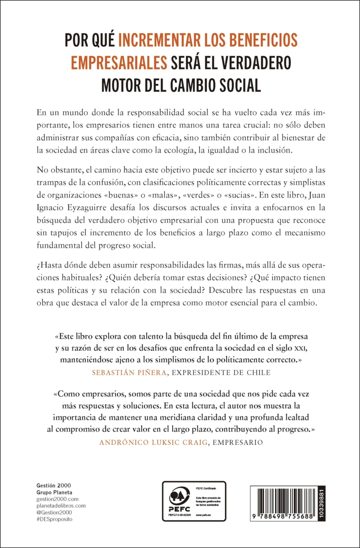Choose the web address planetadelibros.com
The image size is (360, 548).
(61, 506)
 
